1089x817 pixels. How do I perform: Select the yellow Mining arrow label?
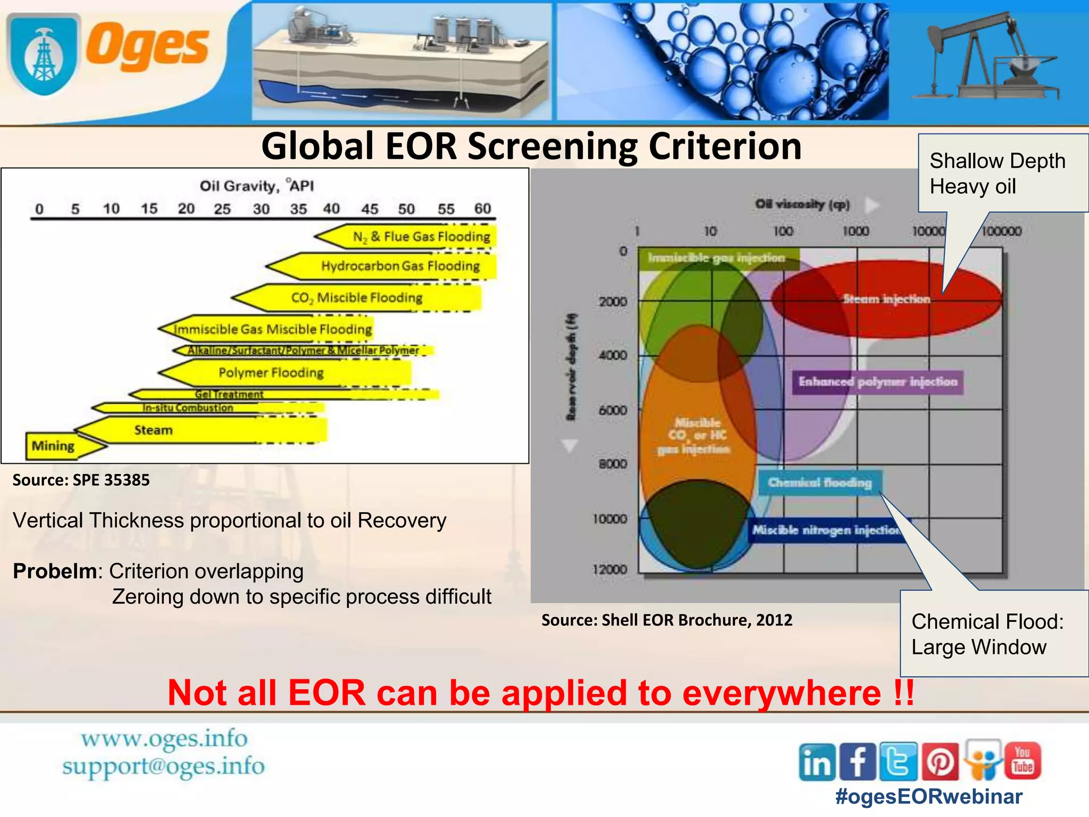53,446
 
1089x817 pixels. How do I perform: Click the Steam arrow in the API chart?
154,430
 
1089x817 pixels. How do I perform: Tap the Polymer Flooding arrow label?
271,372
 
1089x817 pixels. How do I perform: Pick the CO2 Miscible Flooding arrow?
357,298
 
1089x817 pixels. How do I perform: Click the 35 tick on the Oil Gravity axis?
298,209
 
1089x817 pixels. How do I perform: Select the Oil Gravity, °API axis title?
256,186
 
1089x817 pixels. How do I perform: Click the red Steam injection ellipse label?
886,299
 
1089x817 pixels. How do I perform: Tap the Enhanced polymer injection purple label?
878,382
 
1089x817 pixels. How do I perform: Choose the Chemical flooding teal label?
819,482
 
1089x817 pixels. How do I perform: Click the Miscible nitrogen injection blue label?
827,530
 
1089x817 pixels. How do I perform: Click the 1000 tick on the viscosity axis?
856,231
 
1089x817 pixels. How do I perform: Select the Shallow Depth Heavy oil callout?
997,173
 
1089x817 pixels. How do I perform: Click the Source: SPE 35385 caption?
81,480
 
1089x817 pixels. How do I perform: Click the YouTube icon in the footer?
1023,761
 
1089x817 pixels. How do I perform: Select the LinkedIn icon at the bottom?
817,762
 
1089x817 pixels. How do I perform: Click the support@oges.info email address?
163,766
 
